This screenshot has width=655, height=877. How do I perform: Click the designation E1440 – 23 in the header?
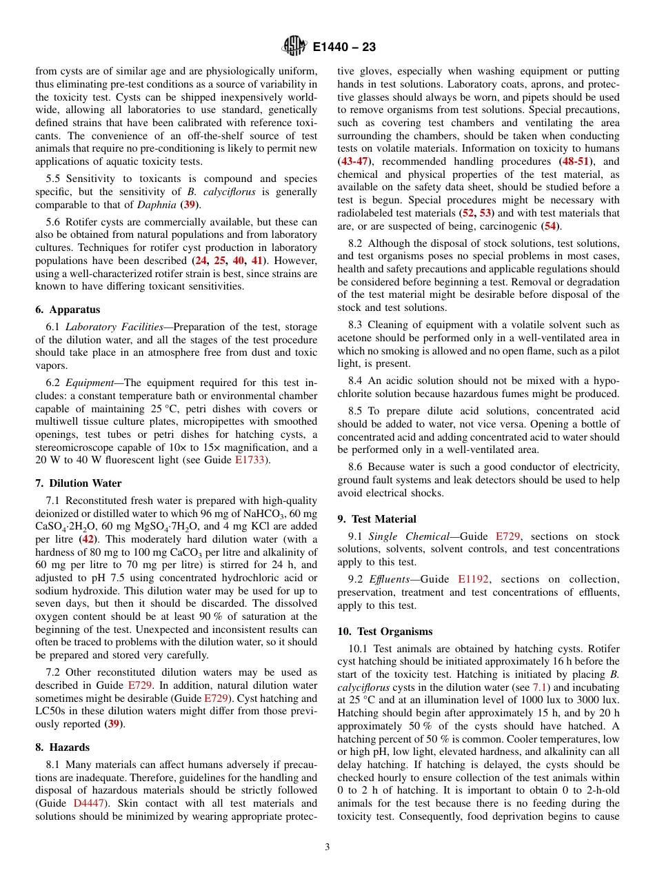tap(344, 48)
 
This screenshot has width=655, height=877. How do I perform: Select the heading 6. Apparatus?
tap(68, 310)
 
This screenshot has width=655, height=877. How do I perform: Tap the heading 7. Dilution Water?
tap(77, 483)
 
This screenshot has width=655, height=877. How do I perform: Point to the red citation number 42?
tap(88, 540)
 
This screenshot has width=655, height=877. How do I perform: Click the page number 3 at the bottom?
tap(327, 847)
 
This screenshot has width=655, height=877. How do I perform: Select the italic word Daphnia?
tap(157, 205)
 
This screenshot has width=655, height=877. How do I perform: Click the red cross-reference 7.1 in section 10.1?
tap(540, 688)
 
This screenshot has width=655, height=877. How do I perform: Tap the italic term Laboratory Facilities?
tap(114, 327)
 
